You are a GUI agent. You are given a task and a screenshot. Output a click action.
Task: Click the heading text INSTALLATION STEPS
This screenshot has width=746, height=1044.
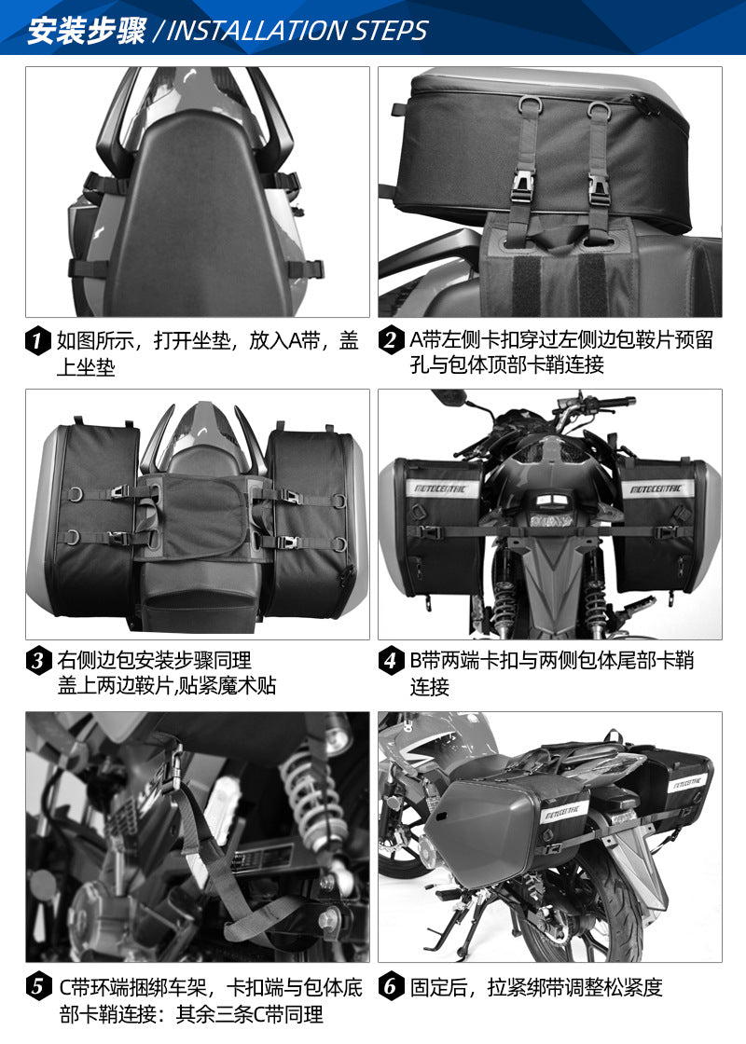coord(297,31)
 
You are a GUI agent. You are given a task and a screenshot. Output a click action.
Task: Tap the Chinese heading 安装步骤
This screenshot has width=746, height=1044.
coord(87,31)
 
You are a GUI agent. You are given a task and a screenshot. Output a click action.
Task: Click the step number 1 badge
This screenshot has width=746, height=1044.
coord(38,340)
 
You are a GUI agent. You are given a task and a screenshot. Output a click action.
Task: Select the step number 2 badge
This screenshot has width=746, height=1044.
coord(391,340)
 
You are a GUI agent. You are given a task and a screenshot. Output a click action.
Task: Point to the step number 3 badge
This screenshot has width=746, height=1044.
coord(38,661)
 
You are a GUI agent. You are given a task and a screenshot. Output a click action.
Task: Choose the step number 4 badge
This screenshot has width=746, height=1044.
coord(391,661)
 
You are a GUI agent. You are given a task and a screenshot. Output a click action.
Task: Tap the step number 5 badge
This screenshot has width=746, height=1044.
coord(38,986)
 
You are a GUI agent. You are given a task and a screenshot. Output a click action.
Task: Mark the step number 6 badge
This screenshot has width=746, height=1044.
coord(391,986)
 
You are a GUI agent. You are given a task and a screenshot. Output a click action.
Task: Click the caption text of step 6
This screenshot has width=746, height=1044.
coord(536,987)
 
